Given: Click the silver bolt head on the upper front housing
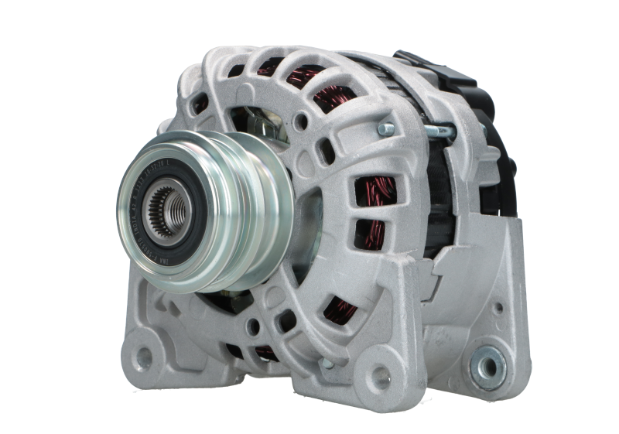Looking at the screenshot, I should (x=385, y=127).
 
